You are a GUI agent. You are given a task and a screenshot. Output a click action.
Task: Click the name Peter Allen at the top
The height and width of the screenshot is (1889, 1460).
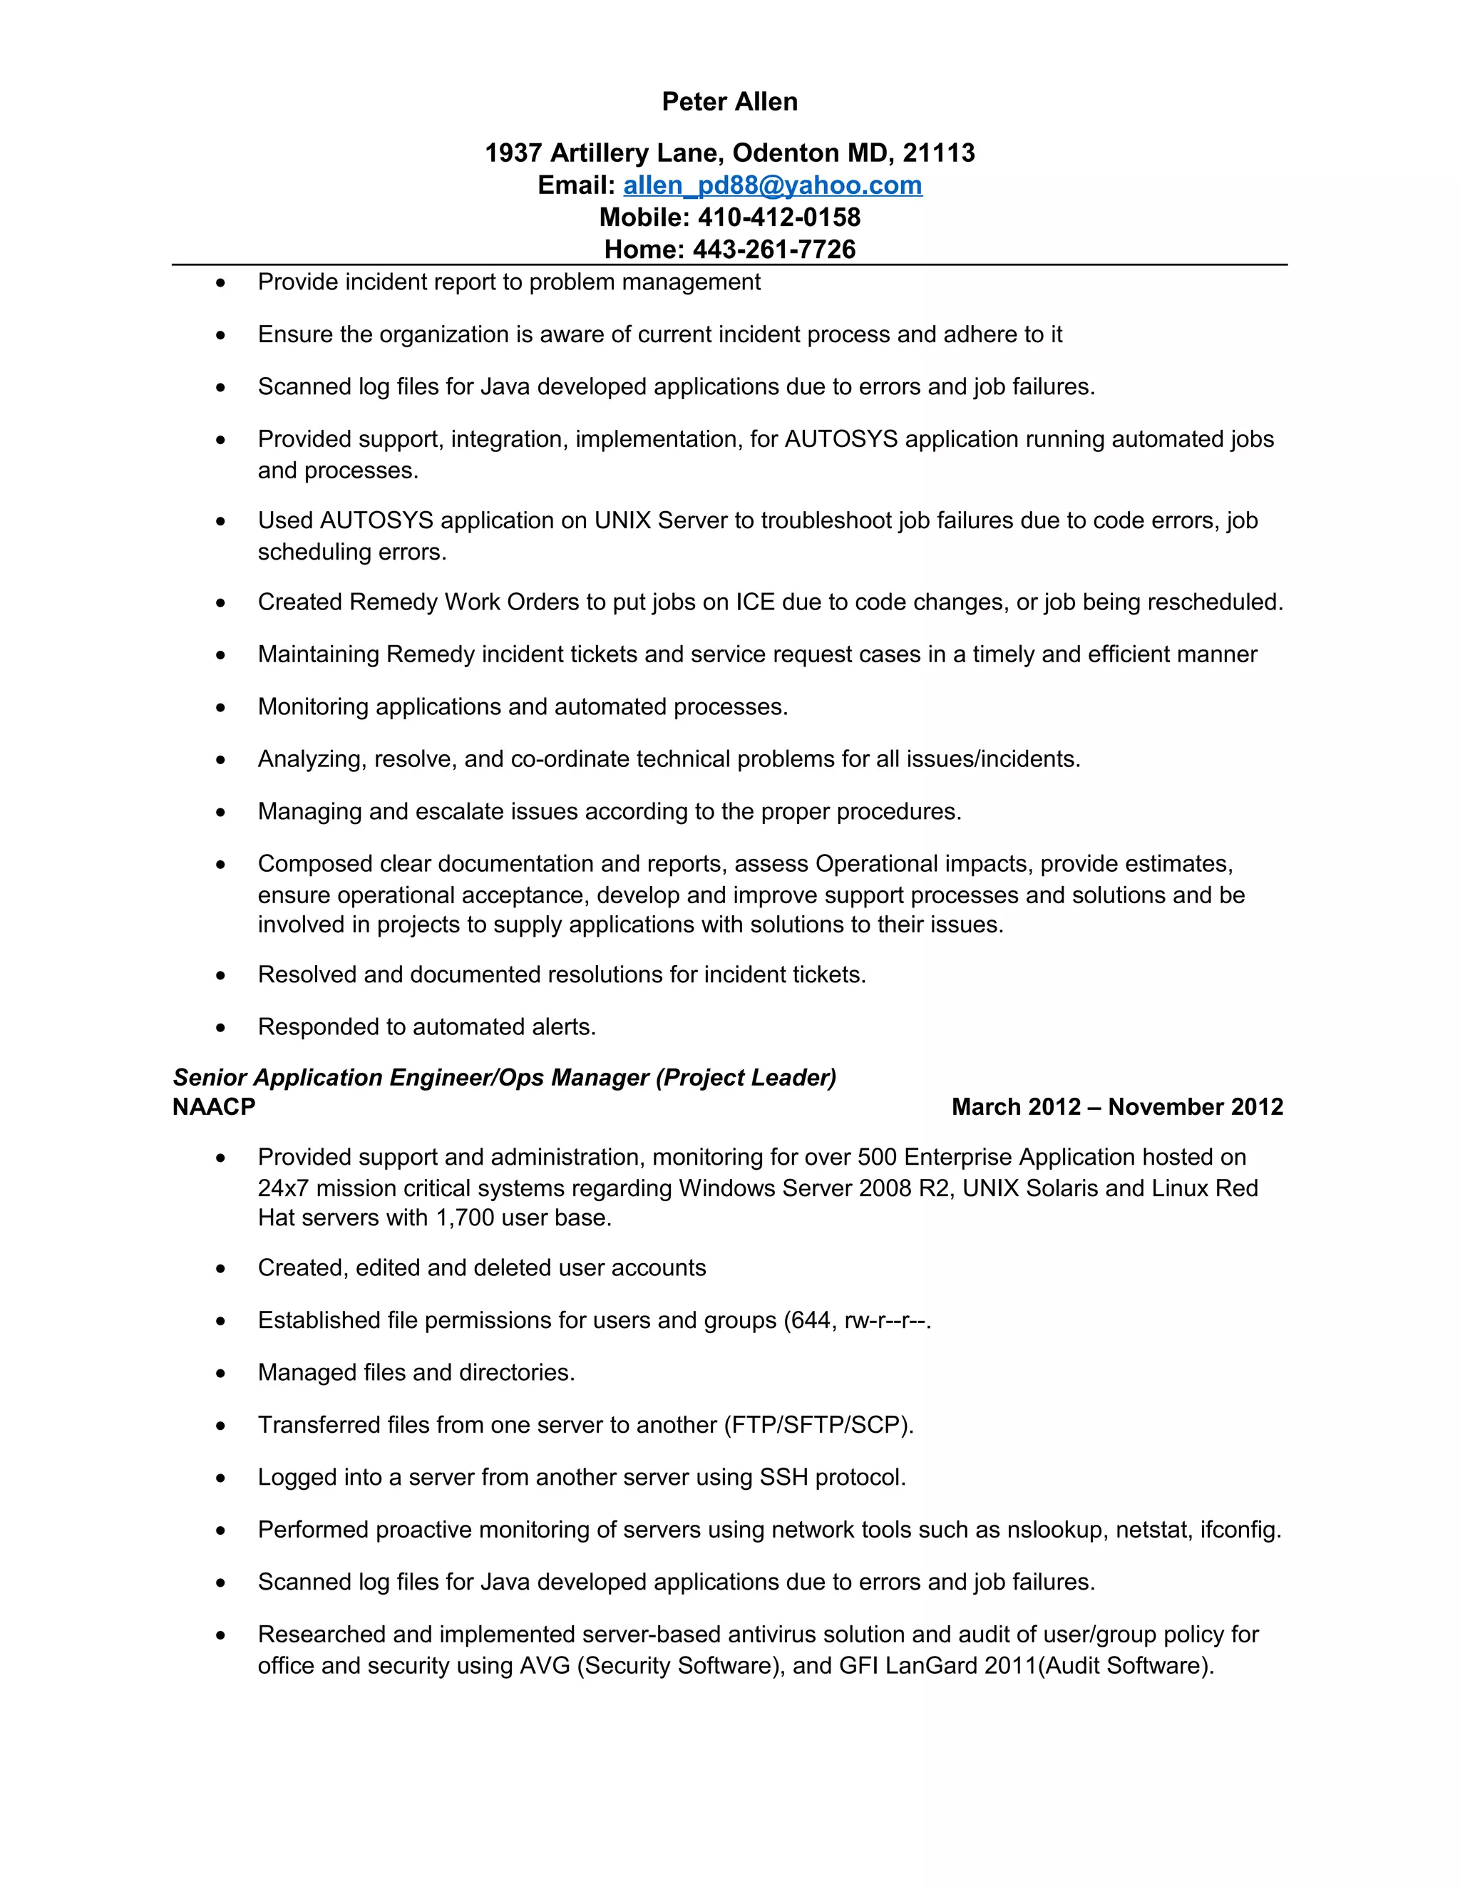(729, 102)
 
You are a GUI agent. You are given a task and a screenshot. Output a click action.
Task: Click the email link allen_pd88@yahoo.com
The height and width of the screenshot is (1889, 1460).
(772, 185)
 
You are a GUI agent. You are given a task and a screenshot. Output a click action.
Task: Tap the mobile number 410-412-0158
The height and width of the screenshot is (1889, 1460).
(778, 217)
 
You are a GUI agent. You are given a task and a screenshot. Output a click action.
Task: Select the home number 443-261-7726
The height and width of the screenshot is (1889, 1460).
(773, 249)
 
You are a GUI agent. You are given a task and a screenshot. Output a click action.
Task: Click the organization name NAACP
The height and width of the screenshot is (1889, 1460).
(214, 1107)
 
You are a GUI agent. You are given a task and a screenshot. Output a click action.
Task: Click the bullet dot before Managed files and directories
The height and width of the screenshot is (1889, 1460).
(220, 1374)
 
